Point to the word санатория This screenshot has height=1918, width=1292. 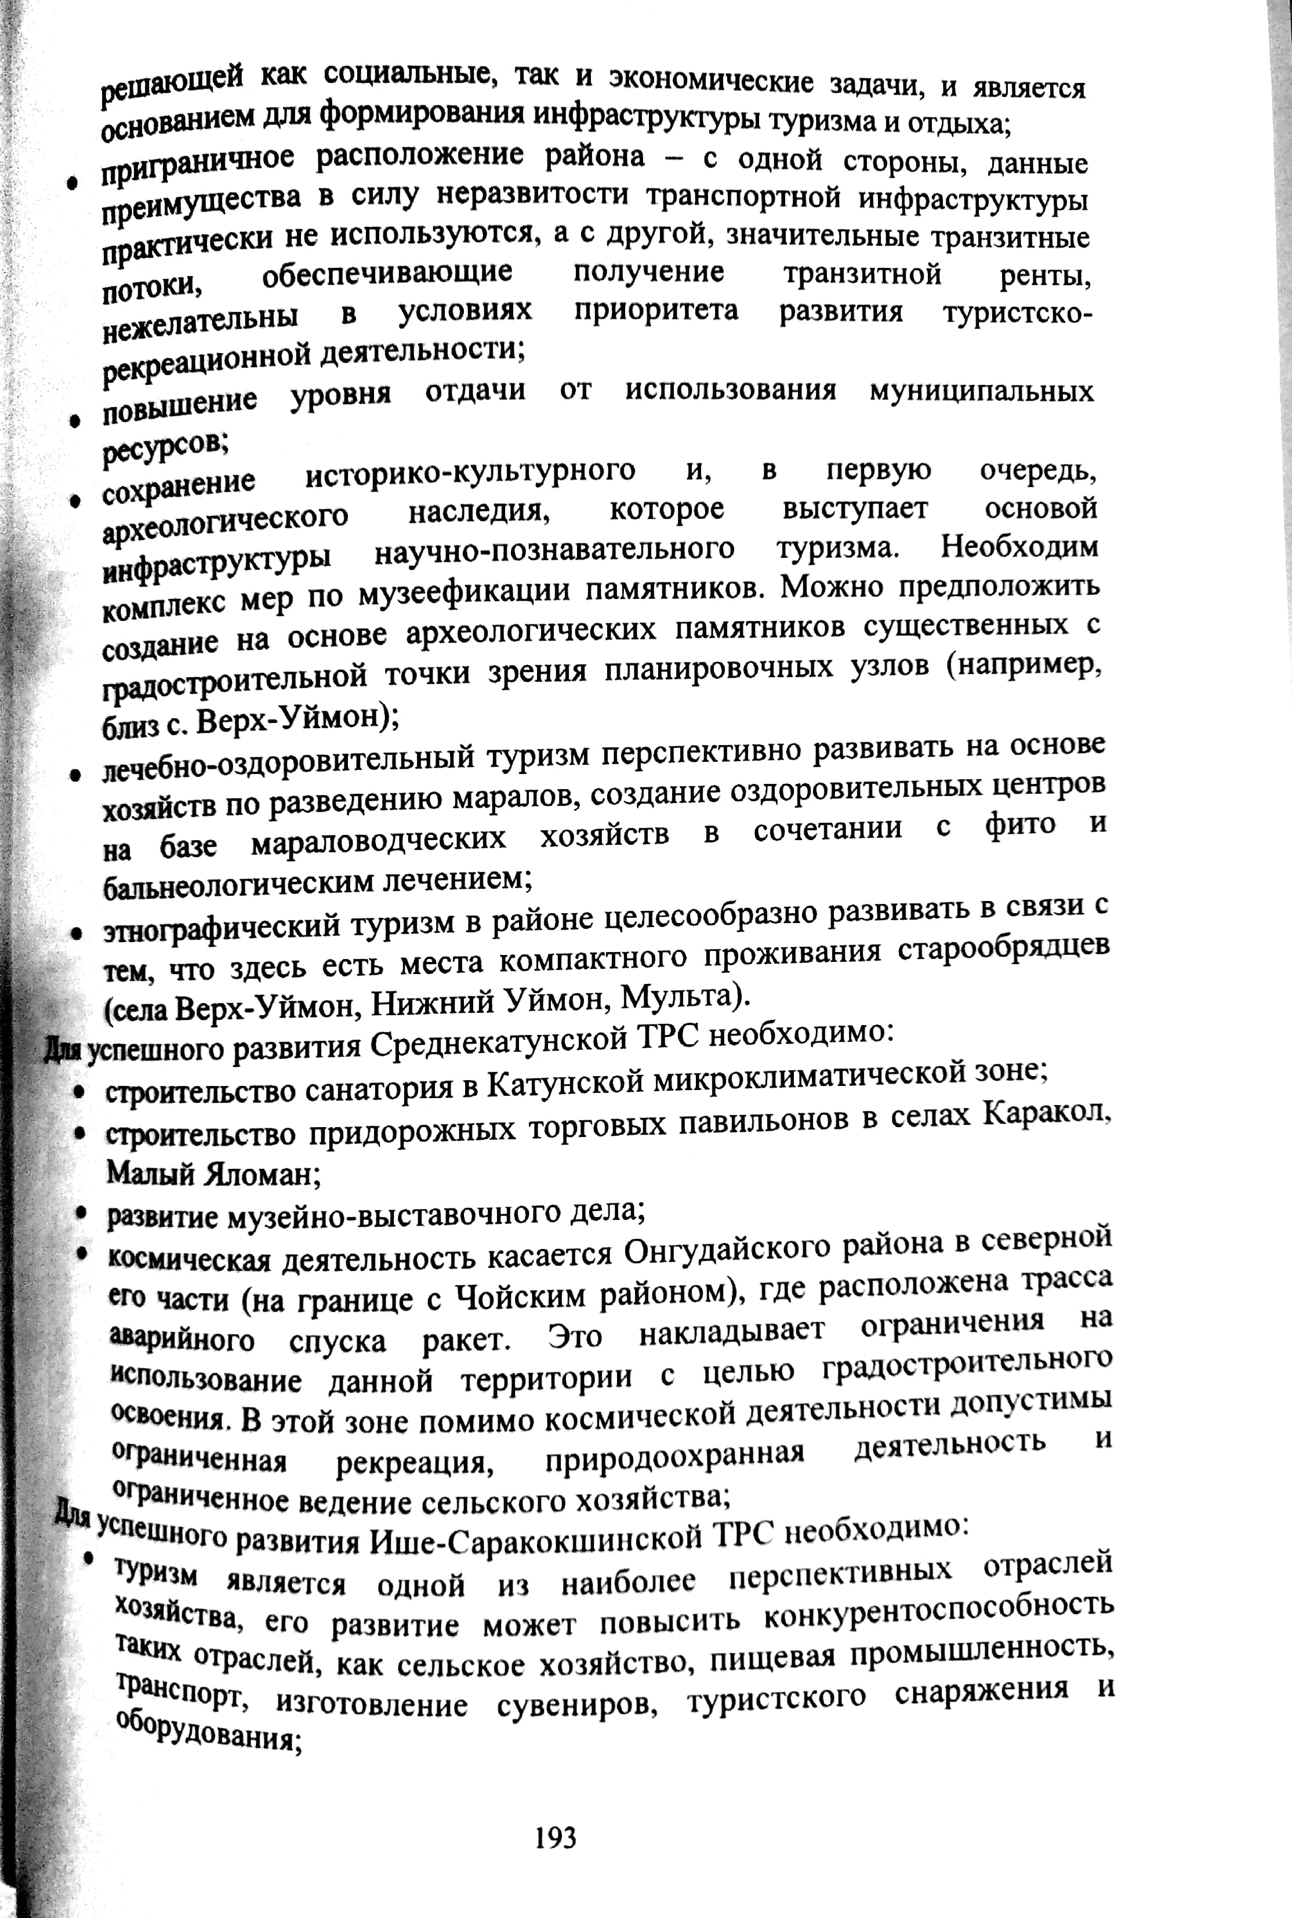tap(376, 1089)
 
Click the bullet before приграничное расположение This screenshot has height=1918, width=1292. tap(74, 183)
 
